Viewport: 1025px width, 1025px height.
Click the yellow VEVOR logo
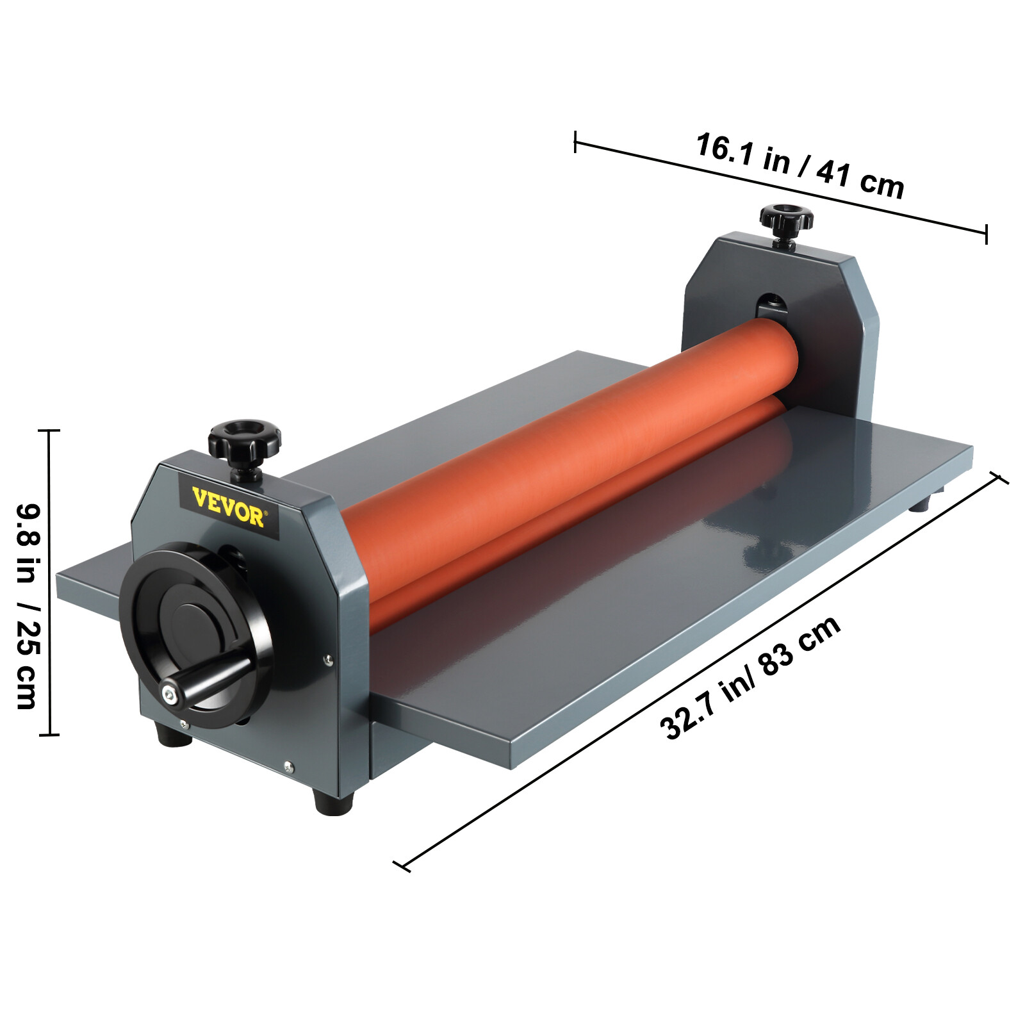pyautogui.click(x=229, y=506)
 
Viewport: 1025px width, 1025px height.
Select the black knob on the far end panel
pyautogui.click(x=786, y=221)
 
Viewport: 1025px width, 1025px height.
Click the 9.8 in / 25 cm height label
pyautogui.click(x=28, y=605)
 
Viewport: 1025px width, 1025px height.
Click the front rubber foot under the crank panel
pyautogui.click(x=333, y=801)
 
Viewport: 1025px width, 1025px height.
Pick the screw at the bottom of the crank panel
pyautogui.click(x=288, y=764)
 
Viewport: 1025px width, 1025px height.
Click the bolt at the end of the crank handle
pyautogui.click(x=168, y=693)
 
